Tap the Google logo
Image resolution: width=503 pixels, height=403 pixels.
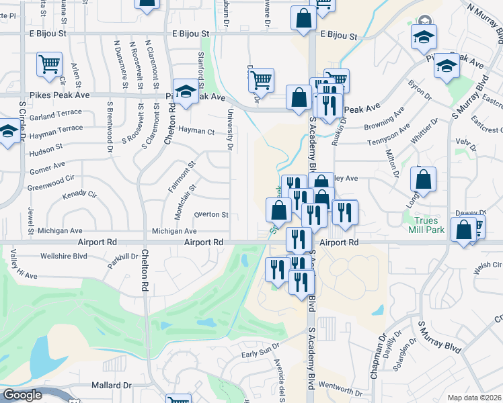tap(22, 395)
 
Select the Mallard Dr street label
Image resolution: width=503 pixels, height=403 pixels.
tap(111, 386)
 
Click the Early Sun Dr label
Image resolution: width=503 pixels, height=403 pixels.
tap(260, 354)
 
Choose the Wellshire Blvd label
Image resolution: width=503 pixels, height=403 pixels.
tap(64, 256)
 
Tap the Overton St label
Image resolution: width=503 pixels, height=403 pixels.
tap(212, 215)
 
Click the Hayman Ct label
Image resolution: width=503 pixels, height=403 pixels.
tap(196, 132)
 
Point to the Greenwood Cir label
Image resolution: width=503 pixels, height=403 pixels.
tap(51, 179)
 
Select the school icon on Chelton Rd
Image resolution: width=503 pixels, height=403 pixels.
tap(185, 91)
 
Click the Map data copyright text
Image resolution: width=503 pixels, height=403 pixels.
tap(475, 398)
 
